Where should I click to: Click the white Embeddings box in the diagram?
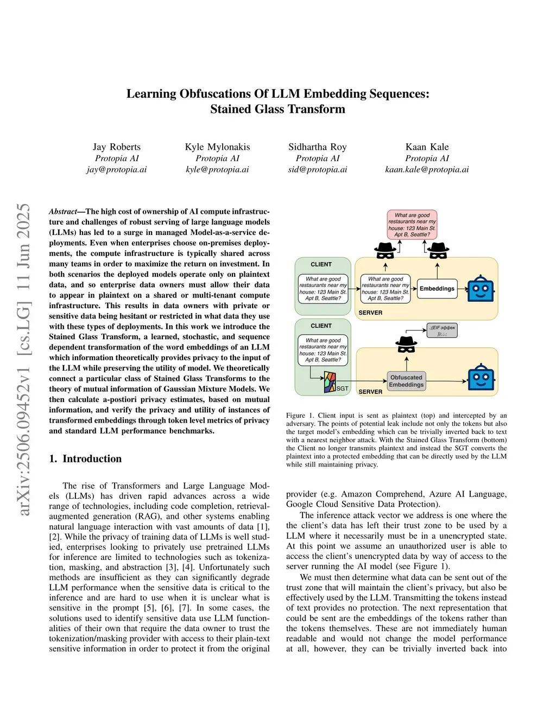pos(437,289)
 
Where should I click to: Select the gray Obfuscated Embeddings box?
pos(406,381)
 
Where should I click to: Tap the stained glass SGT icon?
pos(330,383)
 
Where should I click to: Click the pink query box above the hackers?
pos(412,225)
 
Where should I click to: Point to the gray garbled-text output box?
pos(442,330)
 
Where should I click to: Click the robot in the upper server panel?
pos(481,288)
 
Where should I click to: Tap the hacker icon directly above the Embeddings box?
pos(438,251)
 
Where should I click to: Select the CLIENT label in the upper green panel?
pos(321,264)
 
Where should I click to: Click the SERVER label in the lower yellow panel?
pos(370,392)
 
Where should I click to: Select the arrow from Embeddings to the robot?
pos(462,289)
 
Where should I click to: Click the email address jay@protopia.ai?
pos(117,169)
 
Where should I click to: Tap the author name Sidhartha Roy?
pos(318,147)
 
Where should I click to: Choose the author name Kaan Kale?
pos(427,147)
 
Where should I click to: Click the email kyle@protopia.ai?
pos(217,169)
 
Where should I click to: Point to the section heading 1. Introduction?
pos(85,459)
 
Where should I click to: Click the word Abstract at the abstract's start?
pos(63,212)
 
